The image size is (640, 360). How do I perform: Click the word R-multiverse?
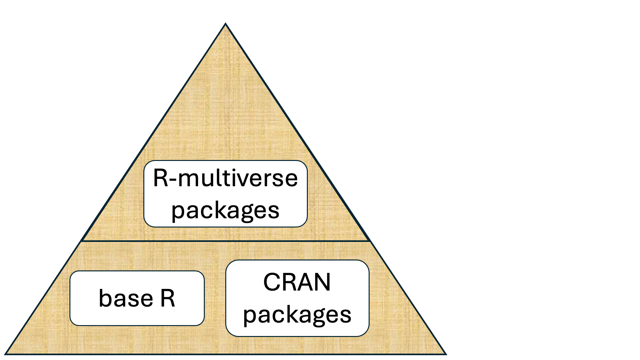point(225,178)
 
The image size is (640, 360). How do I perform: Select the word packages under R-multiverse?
point(225,211)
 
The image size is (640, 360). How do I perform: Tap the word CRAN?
point(297,282)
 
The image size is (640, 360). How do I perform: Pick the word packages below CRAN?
point(297,315)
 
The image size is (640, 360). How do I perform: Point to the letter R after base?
point(168,298)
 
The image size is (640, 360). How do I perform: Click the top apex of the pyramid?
point(226,24)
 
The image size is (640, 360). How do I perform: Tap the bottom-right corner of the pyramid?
point(446,354)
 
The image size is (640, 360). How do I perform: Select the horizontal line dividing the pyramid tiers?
point(226,241)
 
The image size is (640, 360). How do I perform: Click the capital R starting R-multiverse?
point(161,178)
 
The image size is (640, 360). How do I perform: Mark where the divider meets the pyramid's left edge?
point(82,241)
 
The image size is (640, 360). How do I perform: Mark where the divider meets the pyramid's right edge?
point(370,241)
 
